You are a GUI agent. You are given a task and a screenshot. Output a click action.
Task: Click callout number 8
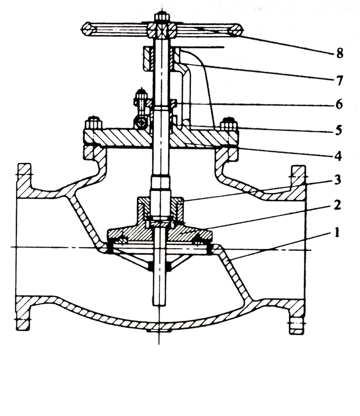[339, 53]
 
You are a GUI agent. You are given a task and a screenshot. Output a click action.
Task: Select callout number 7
[339, 80]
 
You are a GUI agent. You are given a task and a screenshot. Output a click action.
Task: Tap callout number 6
[339, 105]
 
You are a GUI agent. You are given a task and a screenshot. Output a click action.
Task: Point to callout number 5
[338, 130]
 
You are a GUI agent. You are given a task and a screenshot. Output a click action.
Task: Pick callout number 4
[338, 155]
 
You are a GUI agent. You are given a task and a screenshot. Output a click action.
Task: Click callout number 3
[337, 180]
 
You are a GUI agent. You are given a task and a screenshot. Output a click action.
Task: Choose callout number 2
[337, 204]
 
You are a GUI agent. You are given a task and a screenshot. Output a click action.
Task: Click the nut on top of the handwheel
[161, 16]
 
